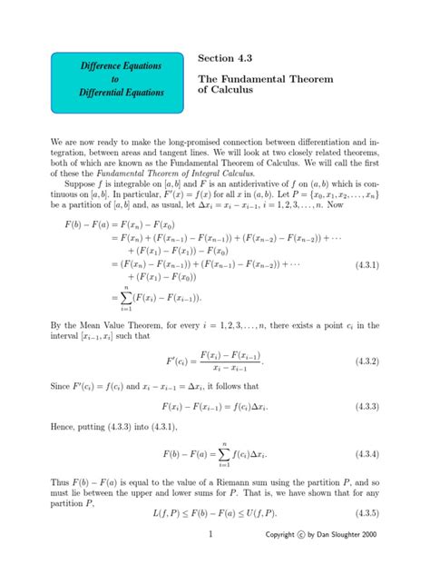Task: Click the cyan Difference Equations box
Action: [108, 80]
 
